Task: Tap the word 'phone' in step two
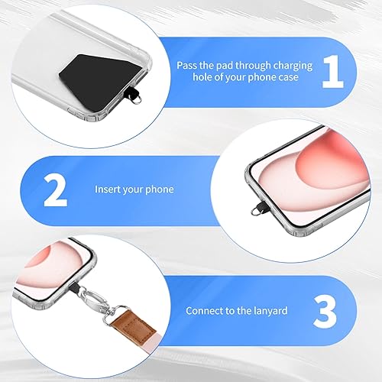(159, 189)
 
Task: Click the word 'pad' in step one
(222, 66)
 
